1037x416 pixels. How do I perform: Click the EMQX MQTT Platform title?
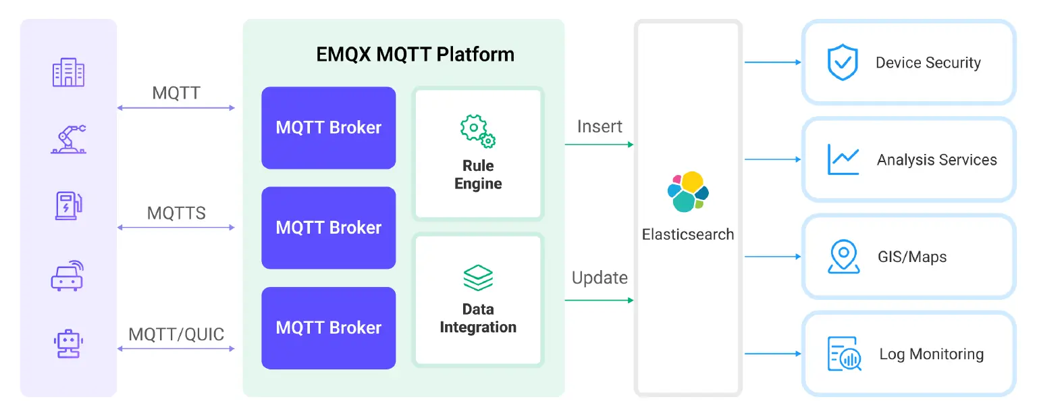coord(415,54)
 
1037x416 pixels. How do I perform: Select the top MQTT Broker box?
coord(329,128)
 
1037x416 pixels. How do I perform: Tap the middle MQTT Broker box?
coord(329,228)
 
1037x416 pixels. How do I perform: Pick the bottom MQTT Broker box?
coord(329,328)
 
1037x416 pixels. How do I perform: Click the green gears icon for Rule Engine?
coord(478,131)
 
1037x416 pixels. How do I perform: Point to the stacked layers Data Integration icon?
coord(478,278)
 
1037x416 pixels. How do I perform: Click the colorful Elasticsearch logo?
coord(687,192)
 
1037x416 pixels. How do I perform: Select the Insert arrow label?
coord(600,126)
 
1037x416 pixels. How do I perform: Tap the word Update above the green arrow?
coord(600,278)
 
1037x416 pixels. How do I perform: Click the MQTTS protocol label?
coord(176,213)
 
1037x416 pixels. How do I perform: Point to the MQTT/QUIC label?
coord(176,334)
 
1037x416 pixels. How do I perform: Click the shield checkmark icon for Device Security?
coord(843,63)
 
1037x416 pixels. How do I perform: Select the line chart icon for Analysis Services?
coord(843,159)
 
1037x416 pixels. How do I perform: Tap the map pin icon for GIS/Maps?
coord(843,257)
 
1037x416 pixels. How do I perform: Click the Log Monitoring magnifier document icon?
coord(844,354)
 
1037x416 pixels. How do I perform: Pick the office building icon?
coord(68,73)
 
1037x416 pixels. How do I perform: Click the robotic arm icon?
coord(69,139)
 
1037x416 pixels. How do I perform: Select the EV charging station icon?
coord(69,205)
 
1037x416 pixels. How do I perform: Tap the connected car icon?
coord(68,275)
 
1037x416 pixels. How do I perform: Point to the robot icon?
coord(68,343)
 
